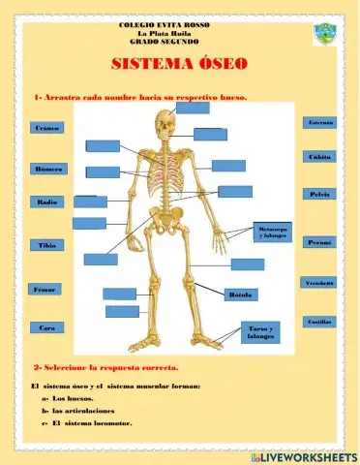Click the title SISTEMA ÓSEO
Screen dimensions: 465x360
[179, 65]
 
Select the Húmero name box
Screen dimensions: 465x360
[46, 169]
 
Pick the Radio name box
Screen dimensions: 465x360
[46, 202]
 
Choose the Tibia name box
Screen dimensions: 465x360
[46, 245]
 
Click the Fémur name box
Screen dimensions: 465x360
[45, 290]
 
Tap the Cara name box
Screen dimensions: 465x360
[46, 328]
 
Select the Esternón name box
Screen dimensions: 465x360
[320, 124]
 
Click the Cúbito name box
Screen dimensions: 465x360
[320, 156]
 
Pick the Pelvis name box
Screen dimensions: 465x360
[320, 195]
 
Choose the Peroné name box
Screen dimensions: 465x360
[320, 242]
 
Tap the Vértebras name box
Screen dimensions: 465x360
[320, 282]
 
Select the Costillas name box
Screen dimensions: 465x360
[320, 321]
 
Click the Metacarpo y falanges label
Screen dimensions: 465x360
[273, 232]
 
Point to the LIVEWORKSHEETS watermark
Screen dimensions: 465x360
[301, 455]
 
